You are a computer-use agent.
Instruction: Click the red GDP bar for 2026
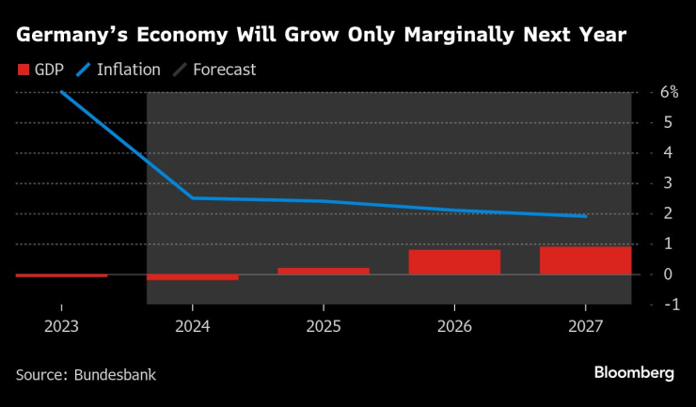pyautogui.click(x=454, y=262)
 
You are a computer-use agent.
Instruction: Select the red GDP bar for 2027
pyautogui.click(x=585, y=260)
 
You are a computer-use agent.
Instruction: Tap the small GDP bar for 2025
pyautogui.click(x=324, y=271)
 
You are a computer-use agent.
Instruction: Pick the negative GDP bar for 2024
pyautogui.click(x=193, y=277)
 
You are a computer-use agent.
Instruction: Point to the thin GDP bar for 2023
pyautogui.click(x=61, y=275)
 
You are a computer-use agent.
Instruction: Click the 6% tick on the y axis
pyautogui.click(x=669, y=92)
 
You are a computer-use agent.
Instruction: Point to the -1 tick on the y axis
pyautogui.click(x=669, y=305)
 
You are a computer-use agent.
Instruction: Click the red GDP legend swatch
pyautogui.click(x=22, y=70)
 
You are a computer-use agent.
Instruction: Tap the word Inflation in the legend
pyautogui.click(x=129, y=70)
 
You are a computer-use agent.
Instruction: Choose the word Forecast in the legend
pyautogui.click(x=224, y=70)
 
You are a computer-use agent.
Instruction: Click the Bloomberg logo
pyautogui.click(x=633, y=373)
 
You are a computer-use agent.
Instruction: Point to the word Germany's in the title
pyautogui.click(x=73, y=36)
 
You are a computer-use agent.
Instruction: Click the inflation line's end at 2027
pyautogui.click(x=585, y=216)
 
